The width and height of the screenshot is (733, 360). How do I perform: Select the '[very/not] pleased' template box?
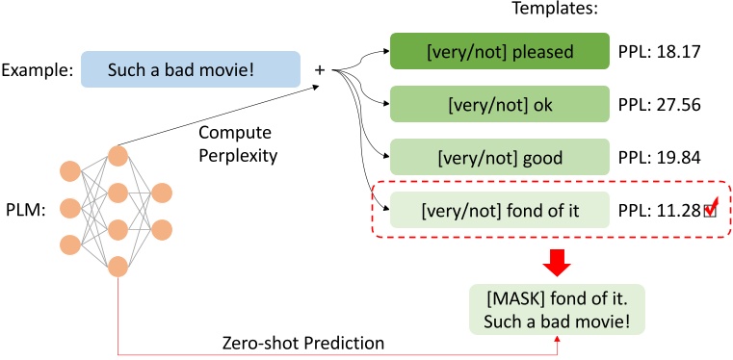pos(499,50)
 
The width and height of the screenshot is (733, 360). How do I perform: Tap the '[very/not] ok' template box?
pos(499,103)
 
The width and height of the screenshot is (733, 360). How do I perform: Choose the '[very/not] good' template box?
pos(499,157)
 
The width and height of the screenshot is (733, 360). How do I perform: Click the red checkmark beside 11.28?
pos(712,206)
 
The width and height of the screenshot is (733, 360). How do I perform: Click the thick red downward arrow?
pos(555,260)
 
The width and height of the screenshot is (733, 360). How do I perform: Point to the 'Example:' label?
pos(37,70)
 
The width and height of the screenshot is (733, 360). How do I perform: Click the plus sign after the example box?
pos(319,69)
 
